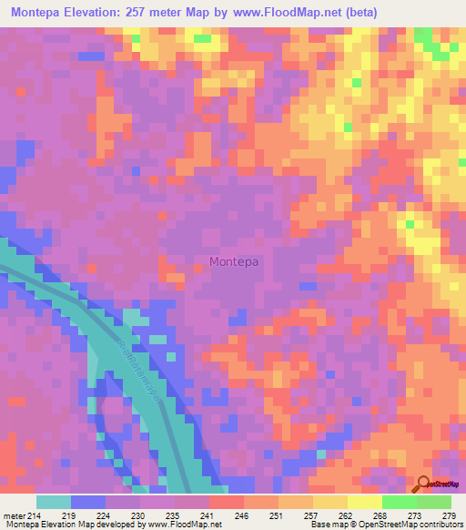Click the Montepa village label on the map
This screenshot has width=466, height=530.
point(234,262)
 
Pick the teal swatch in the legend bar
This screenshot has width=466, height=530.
point(54,503)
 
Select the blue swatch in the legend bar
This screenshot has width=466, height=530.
point(88,503)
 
